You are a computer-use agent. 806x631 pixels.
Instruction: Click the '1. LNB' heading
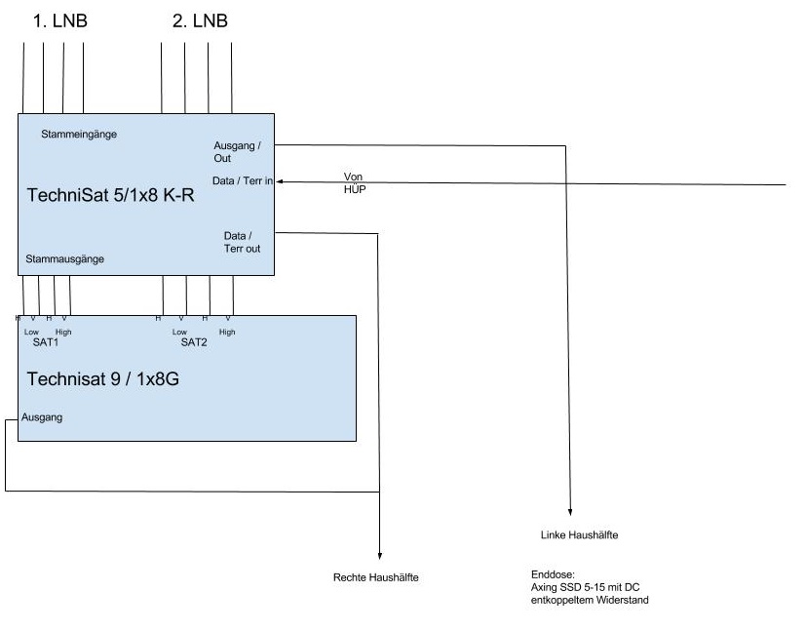pyautogui.click(x=59, y=20)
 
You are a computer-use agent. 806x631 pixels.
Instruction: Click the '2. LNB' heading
pyautogui.click(x=200, y=20)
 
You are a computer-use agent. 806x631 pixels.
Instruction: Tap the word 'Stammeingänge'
pyautogui.click(x=79, y=134)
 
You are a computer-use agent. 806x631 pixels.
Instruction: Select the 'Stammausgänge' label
pyautogui.click(x=65, y=259)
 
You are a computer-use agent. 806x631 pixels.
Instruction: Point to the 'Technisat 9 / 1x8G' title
pyautogui.click(x=102, y=379)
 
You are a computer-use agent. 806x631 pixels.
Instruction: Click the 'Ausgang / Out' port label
pyautogui.click(x=237, y=151)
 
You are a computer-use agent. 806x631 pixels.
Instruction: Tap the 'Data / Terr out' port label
pyautogui.click(x=242, y=242)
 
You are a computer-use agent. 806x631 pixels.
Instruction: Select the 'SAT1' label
pyautogui.click(x=46, y=342)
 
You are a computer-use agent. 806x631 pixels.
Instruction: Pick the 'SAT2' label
pyautogui.click(x=194, y=342)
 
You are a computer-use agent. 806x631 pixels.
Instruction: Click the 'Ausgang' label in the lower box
pyautogui.click(x=43, y=417)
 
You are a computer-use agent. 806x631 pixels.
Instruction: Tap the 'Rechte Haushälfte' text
pyautogui.click(x=376, y=577)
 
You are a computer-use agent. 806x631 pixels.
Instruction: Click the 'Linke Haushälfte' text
pyautogui.click(x=579, y=535)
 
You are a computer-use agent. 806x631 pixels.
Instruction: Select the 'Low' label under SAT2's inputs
pyautogui.click(x=178, y=332)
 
